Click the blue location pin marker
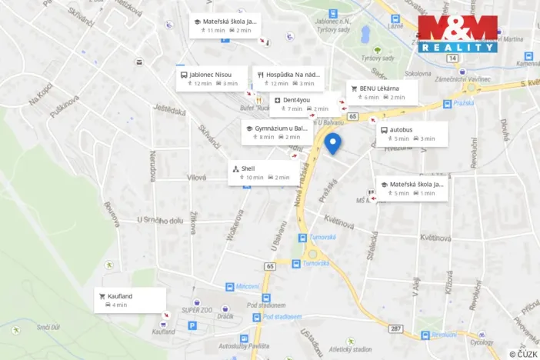(332, 143)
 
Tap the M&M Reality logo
(458, 33)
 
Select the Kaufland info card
(130, 300)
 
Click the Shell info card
(263, 172)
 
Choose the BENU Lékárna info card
(382, 92)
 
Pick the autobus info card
(412, 134)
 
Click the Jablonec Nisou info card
(212, 78)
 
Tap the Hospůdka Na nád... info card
(288, 78)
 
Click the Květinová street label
(338, 222)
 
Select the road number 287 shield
(396, 328)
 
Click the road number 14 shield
(452, 58)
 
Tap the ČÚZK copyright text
(523, 354)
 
